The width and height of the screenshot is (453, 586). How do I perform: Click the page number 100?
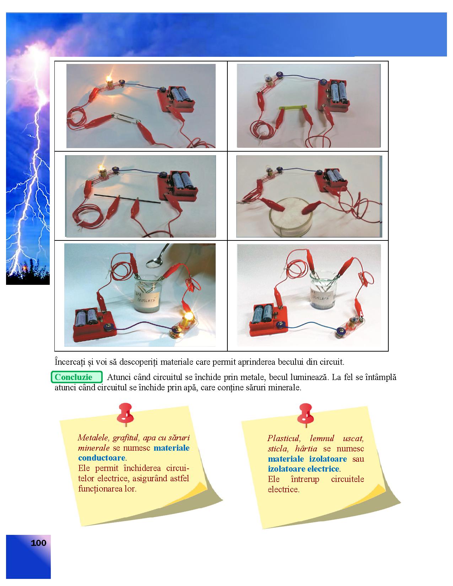click(38, 543)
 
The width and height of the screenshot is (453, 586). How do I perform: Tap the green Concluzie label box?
click(77, 377)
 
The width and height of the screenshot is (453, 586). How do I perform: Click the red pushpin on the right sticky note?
click(306, 415)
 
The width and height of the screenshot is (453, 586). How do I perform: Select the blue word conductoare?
click(102, 458)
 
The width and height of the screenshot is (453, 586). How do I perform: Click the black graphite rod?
click(127, 198)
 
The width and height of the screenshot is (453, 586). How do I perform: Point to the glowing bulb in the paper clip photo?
click(109, 80)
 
